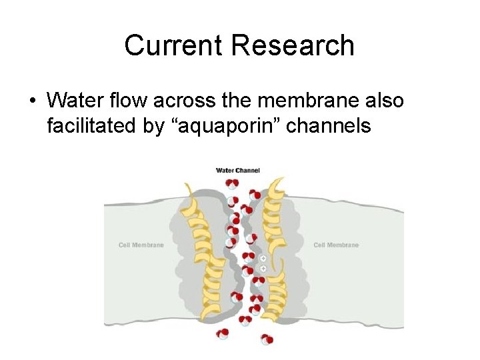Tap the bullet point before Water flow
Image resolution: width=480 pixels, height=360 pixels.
[x=31, y=101]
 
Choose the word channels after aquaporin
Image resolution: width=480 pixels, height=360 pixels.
[x=331, y=125]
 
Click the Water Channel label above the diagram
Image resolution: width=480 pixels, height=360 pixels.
[x=237, y=170]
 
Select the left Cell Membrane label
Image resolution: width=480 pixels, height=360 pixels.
[x=141, y=245]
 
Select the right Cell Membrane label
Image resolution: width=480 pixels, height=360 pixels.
[x=336, y=245]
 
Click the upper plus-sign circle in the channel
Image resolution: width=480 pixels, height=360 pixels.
[x=263, y=258]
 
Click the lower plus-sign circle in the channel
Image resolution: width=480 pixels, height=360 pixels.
[x=263, y=267]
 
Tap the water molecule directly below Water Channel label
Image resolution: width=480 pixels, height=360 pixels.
[x=232, y=183]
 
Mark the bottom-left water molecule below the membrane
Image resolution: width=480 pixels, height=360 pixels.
[x=223, y=333]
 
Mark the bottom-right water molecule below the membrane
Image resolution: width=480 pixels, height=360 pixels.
[x=267, y=339]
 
